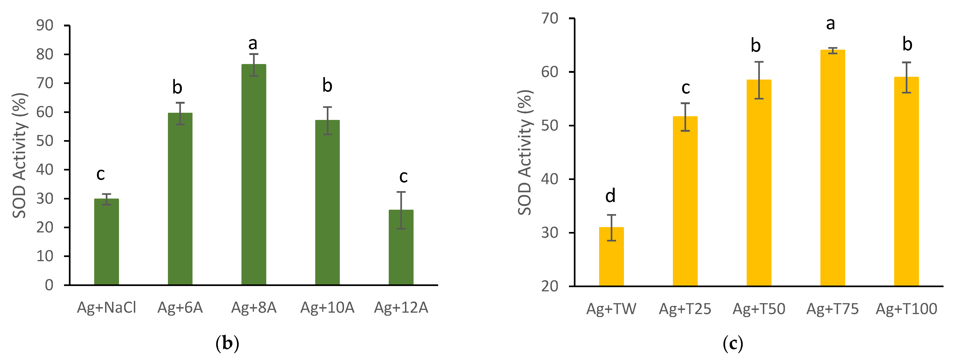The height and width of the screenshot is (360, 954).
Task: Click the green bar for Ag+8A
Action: (x=254, y=174)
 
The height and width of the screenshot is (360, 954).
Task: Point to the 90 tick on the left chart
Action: (x=45, y=26)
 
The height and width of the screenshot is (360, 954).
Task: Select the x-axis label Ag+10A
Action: (x=327, y=307)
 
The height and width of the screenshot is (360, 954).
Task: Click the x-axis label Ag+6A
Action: (x=180, y=307)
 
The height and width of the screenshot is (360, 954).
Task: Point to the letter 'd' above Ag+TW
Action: (x=610, y=196)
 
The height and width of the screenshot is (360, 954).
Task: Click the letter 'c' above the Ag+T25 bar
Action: (x=685, y=88)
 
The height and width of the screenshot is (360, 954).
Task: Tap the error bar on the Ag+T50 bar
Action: (x=759, y=80)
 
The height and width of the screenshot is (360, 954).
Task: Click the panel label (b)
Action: (x=227, y=344)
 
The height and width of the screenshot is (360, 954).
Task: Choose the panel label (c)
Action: (x=732, y=344)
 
